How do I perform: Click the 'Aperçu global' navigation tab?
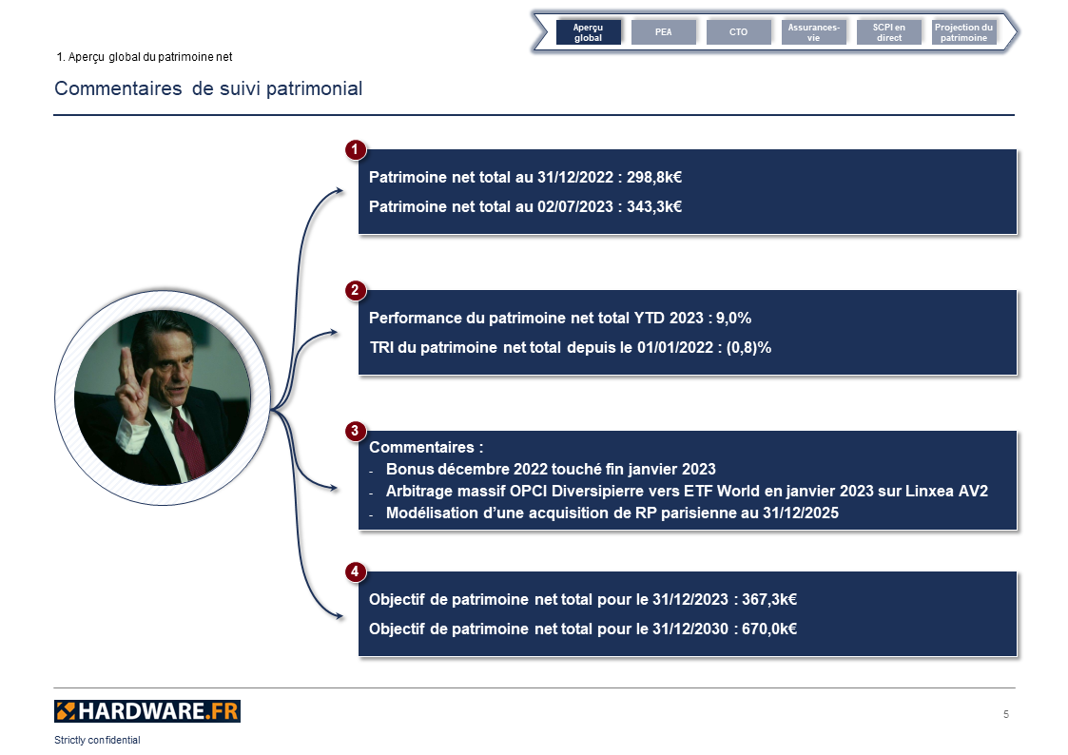pyautogui.click(x=589, y=32)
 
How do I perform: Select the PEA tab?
pyautogui.click(x=664, y=32)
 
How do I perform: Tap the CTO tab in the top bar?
pyautogui.click(x=738, y=32)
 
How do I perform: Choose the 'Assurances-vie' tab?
pyautogui.click(x=813, y=32)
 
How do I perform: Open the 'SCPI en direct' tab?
pyautogui.click(x=889, y=32)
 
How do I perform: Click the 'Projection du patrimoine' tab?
pyautogui.click(x=963, y=32)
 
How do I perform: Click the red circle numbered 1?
pyautogui.click(x=355, y=150)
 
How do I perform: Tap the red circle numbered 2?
pyautogui.click(x=355, y=291)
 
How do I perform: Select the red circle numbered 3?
pyautogui.click(x=355, y=431)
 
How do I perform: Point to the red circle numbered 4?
pyautogui.click(x=355, y=571)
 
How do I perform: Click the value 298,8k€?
pyautogui.click(x=654, y=178)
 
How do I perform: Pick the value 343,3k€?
pyautogui.click(x=654, y=207)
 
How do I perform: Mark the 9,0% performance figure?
pyautogui.click(x=733, y=318)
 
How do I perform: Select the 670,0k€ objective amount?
pyautogui.click(x=769, y=629)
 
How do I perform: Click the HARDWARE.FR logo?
pyautogui.click(x=147, y=711)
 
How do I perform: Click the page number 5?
pyautogui.click(x=1006, y=714)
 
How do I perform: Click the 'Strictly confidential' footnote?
pyautogui.click(x=97, y=740)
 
